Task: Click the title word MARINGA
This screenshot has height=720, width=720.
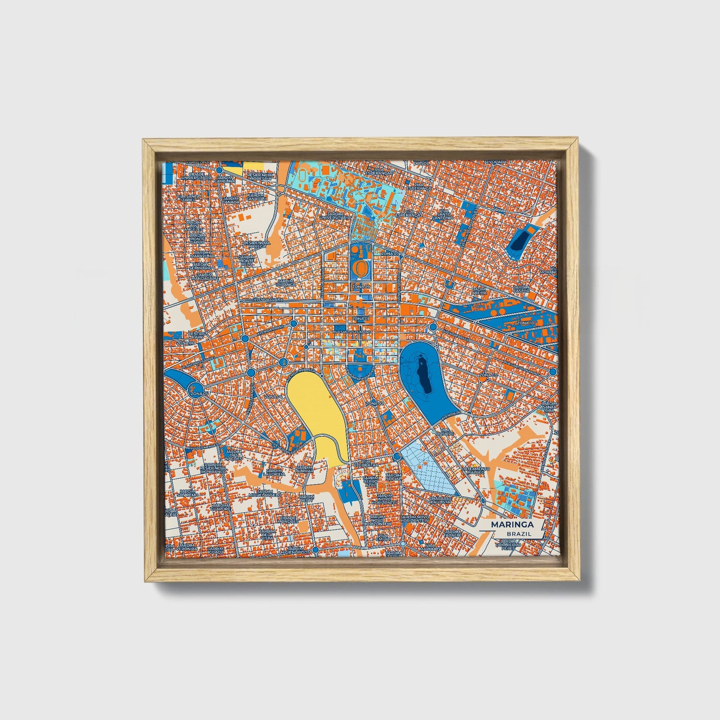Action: [512, 525]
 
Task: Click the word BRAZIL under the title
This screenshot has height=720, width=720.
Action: [518, 534]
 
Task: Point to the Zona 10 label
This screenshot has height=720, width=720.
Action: [525, 323]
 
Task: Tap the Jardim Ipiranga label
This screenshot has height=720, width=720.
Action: [286, 283]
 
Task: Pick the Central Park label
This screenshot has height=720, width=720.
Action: [198, 335]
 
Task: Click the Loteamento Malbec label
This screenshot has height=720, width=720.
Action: [476, 471]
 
